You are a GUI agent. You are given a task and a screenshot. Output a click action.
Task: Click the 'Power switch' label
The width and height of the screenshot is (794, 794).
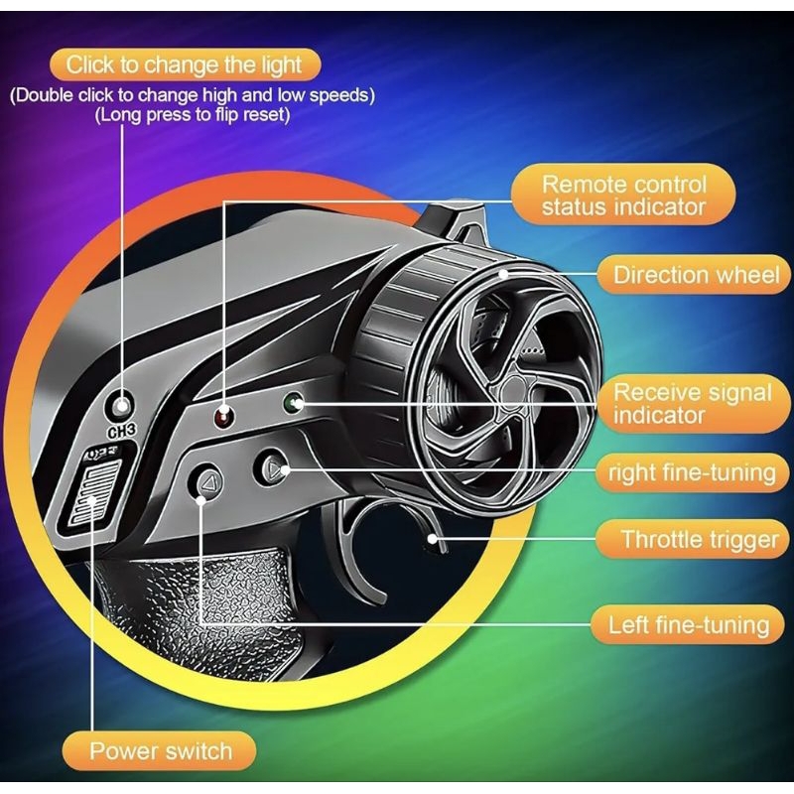[x=160, y=750]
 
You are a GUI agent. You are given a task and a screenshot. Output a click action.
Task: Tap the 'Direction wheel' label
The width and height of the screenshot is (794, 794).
[x=695, y=275]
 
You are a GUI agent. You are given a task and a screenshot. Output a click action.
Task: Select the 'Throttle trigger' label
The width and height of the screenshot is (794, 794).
[x=694, y=539]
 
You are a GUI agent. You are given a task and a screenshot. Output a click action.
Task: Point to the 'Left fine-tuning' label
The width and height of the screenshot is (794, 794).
[x=688, y=624]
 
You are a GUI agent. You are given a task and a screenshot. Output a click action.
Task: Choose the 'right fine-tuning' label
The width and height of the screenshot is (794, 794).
[x=693, y=473]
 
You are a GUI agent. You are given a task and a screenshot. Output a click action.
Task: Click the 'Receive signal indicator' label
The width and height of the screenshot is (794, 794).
[x=694, y=404]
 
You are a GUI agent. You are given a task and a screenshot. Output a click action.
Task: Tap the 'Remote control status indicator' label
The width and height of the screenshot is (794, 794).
[x=623, y=195]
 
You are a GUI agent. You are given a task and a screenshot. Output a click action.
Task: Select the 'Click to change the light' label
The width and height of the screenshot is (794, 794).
[x=185, y=65]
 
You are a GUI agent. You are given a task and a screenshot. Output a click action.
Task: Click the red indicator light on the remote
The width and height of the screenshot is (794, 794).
[x=223, y=417]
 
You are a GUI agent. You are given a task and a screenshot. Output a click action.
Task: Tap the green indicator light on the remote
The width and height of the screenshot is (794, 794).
[x=293, y=403]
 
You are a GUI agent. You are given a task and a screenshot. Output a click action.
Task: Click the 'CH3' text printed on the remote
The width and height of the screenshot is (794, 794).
[x=121, y=431]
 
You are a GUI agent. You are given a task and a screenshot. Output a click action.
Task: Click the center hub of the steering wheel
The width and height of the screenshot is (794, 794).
[x=512, y=390]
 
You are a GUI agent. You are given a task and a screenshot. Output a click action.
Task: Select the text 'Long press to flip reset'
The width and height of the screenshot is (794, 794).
[x=193, y=115]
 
